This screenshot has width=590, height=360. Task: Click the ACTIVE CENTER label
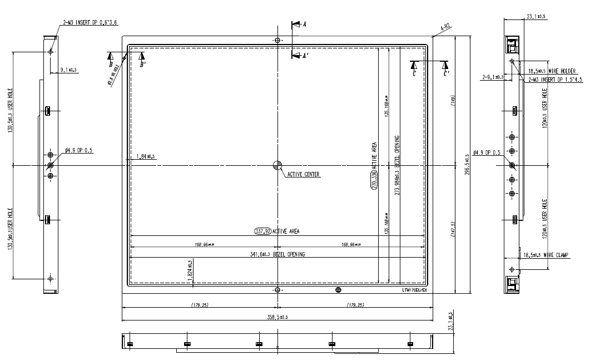click(x=304, y=174)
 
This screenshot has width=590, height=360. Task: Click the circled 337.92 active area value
click(x=262, y=231)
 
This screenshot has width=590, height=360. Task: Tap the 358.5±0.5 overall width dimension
click(x=277, y=317)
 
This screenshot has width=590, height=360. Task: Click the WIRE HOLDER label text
click(x=562, y=71)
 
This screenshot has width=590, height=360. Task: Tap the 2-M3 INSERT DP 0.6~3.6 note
click(x=90, y=22)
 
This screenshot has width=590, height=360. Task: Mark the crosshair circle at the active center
click(x=277, y=165)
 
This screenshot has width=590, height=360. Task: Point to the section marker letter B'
click(x=143, y=65)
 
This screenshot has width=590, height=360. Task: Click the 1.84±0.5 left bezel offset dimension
click(x=146, y=156)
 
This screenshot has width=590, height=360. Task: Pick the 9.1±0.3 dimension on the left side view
click(x=68, y=70)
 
